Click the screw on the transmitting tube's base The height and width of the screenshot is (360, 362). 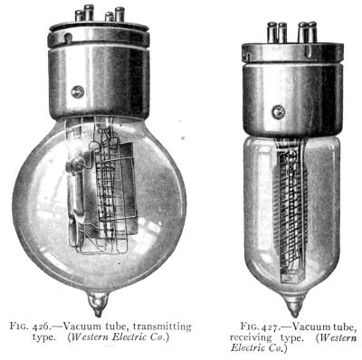point(78,91)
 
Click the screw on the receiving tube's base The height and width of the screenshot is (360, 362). point(278,112)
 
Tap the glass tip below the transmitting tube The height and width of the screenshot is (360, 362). point(98,304)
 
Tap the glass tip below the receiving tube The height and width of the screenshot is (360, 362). point(294,305)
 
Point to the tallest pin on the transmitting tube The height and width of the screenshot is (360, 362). point(89,13)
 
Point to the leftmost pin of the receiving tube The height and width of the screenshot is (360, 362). point(271,32)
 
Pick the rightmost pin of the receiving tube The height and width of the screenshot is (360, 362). point(312,32)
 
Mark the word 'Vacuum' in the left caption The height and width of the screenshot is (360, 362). point(81,327)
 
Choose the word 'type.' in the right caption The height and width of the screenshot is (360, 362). point(291,338)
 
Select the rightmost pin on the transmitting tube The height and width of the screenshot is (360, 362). point(119,14)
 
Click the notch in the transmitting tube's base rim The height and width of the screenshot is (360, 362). point(69,39)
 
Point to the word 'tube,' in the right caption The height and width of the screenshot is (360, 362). point(342,327)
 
